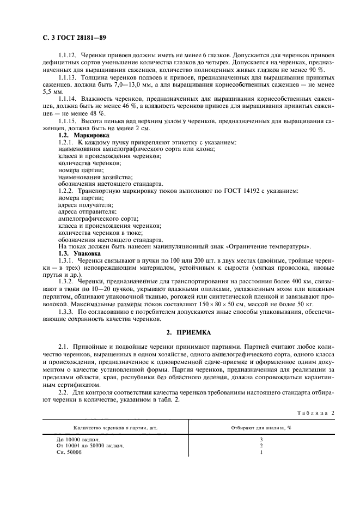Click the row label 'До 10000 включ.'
tap(80, 439)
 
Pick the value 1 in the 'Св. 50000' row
tap(261, 452)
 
